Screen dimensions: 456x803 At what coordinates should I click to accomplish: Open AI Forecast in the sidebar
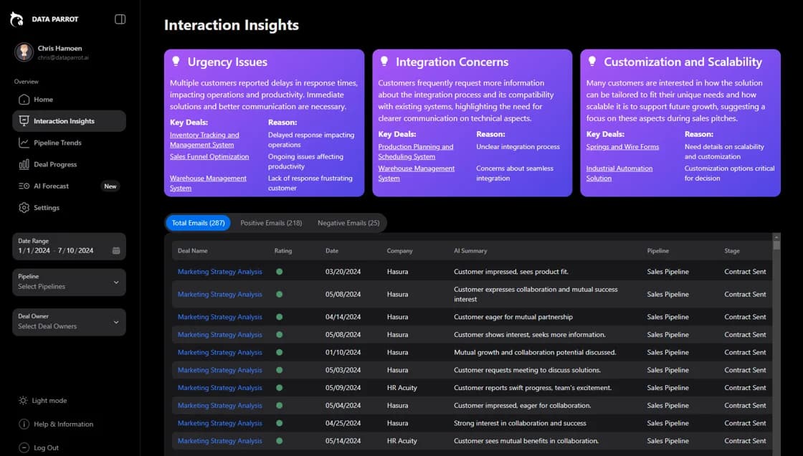(x=51, y=186)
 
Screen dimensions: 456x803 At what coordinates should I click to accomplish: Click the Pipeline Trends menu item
(x=57, y=143)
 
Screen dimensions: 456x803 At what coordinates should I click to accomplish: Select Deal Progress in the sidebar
(x=54, y=165)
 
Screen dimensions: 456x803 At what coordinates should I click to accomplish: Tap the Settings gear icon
(x=24, y=208)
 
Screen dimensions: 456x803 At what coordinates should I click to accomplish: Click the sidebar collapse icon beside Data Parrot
(x=120, y=19)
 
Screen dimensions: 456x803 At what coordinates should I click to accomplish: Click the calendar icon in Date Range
(x=116, y=251)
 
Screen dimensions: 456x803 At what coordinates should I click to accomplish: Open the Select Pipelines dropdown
(x=69, y=282)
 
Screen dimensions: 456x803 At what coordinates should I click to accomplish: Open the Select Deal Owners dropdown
(x=69, y=322)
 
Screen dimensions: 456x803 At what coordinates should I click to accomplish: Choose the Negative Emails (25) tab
(x=348, y=223)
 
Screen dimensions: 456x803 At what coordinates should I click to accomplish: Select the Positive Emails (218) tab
(x=271, y=223)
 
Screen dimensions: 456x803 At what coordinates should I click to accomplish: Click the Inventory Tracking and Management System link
(x=204, y=140)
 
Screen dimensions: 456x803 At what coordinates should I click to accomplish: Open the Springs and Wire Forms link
(x=622, y=147)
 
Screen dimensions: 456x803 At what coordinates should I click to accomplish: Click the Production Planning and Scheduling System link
(x=416, y=151)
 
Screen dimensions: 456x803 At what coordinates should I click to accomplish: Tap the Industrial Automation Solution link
(x=619, y=173)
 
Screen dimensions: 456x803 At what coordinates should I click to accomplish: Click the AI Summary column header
(x=470, y=251)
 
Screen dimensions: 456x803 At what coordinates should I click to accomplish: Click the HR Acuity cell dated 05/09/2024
(x=401, y=388)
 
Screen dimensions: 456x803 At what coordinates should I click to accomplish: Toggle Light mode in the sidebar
(x=49, y=401)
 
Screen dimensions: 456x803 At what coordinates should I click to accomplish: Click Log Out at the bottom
(x=46, y=448)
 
